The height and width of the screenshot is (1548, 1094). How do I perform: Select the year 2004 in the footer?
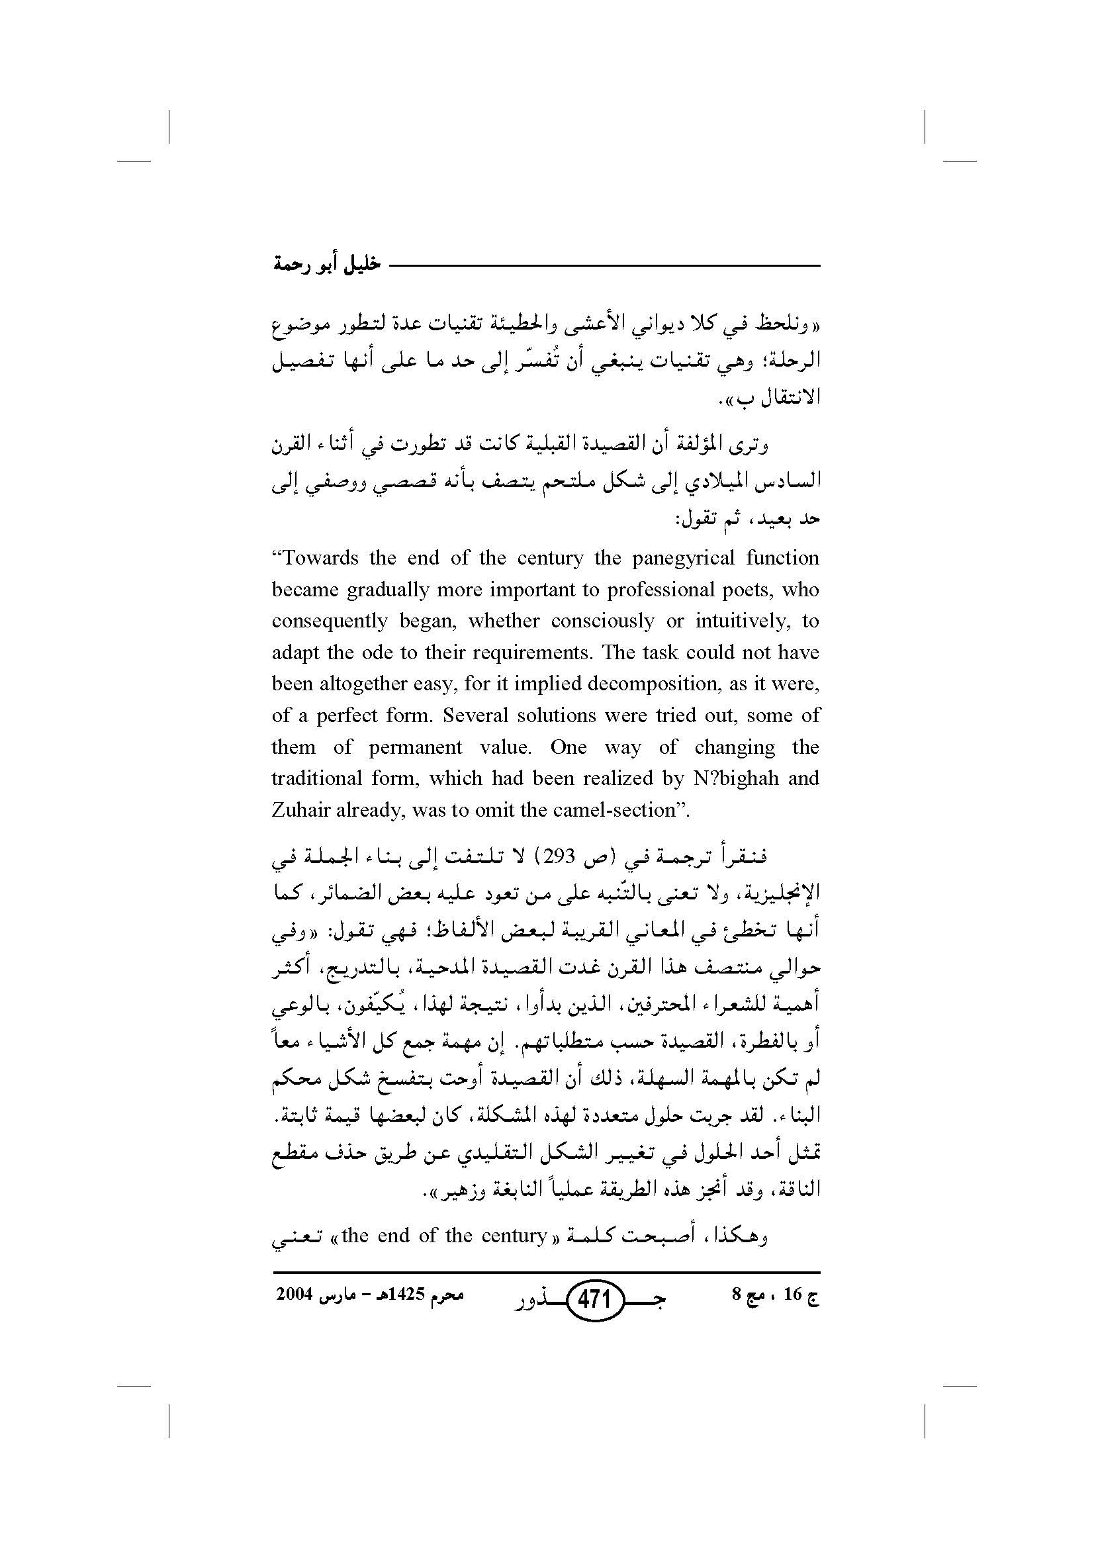pyautogui.click(x=294, y=1295)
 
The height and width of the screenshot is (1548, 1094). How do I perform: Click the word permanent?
pyautogui.click(x=415, y=747)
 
